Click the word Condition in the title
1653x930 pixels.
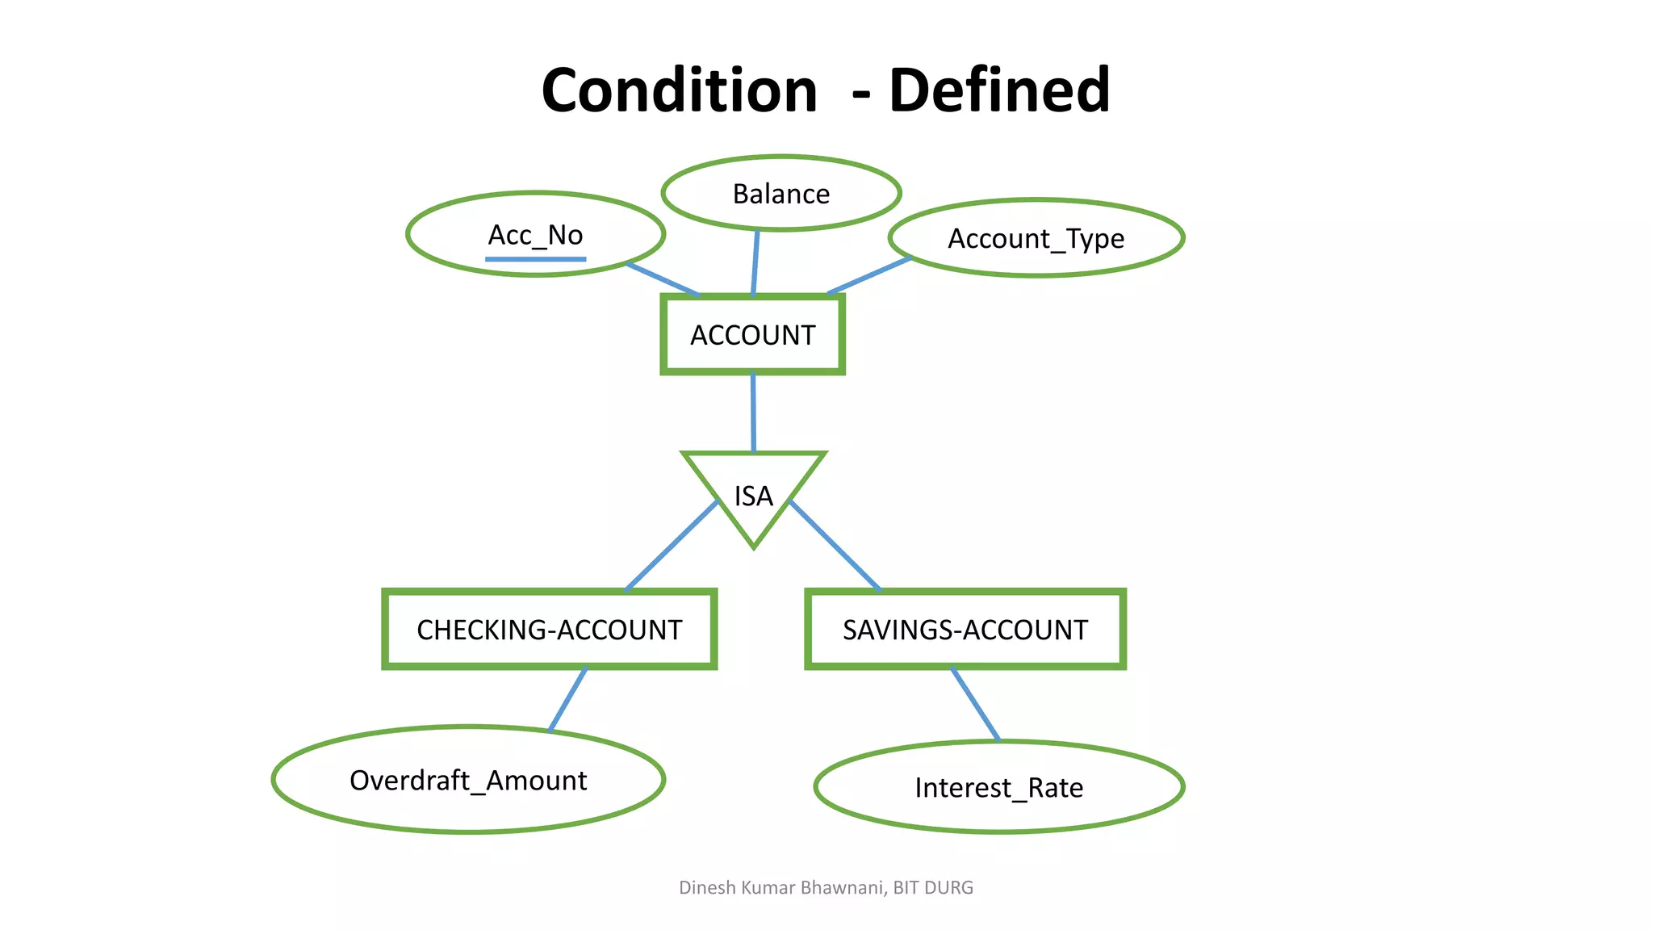(679, 90)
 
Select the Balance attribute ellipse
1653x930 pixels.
(780, 194)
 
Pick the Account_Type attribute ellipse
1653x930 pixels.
(1036, 239)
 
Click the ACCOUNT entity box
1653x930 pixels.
(752, 334)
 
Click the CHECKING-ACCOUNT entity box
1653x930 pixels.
(549, 630)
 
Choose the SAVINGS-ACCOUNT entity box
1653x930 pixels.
(965, 630)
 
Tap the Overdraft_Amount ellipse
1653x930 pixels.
(468, 780)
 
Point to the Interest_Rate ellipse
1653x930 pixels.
(998, 787)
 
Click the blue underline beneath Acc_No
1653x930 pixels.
(535, 259)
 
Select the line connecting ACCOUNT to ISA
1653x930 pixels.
(753, 413)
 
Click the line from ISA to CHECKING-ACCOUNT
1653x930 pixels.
(672, 547)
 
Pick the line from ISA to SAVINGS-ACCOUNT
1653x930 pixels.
(835, 547)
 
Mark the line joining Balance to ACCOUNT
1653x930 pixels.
(755, 263)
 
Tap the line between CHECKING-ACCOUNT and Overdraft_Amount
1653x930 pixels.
(568, 698)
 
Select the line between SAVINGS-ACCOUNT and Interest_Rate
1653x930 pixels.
(976, 704)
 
